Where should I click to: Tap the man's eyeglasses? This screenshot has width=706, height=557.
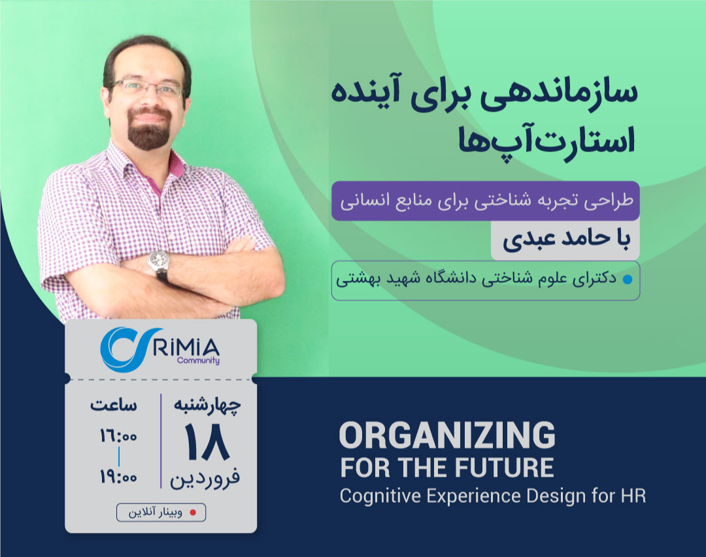[147, 89]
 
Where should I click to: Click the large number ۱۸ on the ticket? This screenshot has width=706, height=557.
[206, 444]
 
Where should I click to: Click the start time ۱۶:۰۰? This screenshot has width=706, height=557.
[118, 436]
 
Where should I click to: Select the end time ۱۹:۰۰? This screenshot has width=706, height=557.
[118, 477]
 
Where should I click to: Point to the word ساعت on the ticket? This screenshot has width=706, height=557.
[114, 405]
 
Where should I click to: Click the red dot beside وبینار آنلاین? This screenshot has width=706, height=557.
[192, 513]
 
